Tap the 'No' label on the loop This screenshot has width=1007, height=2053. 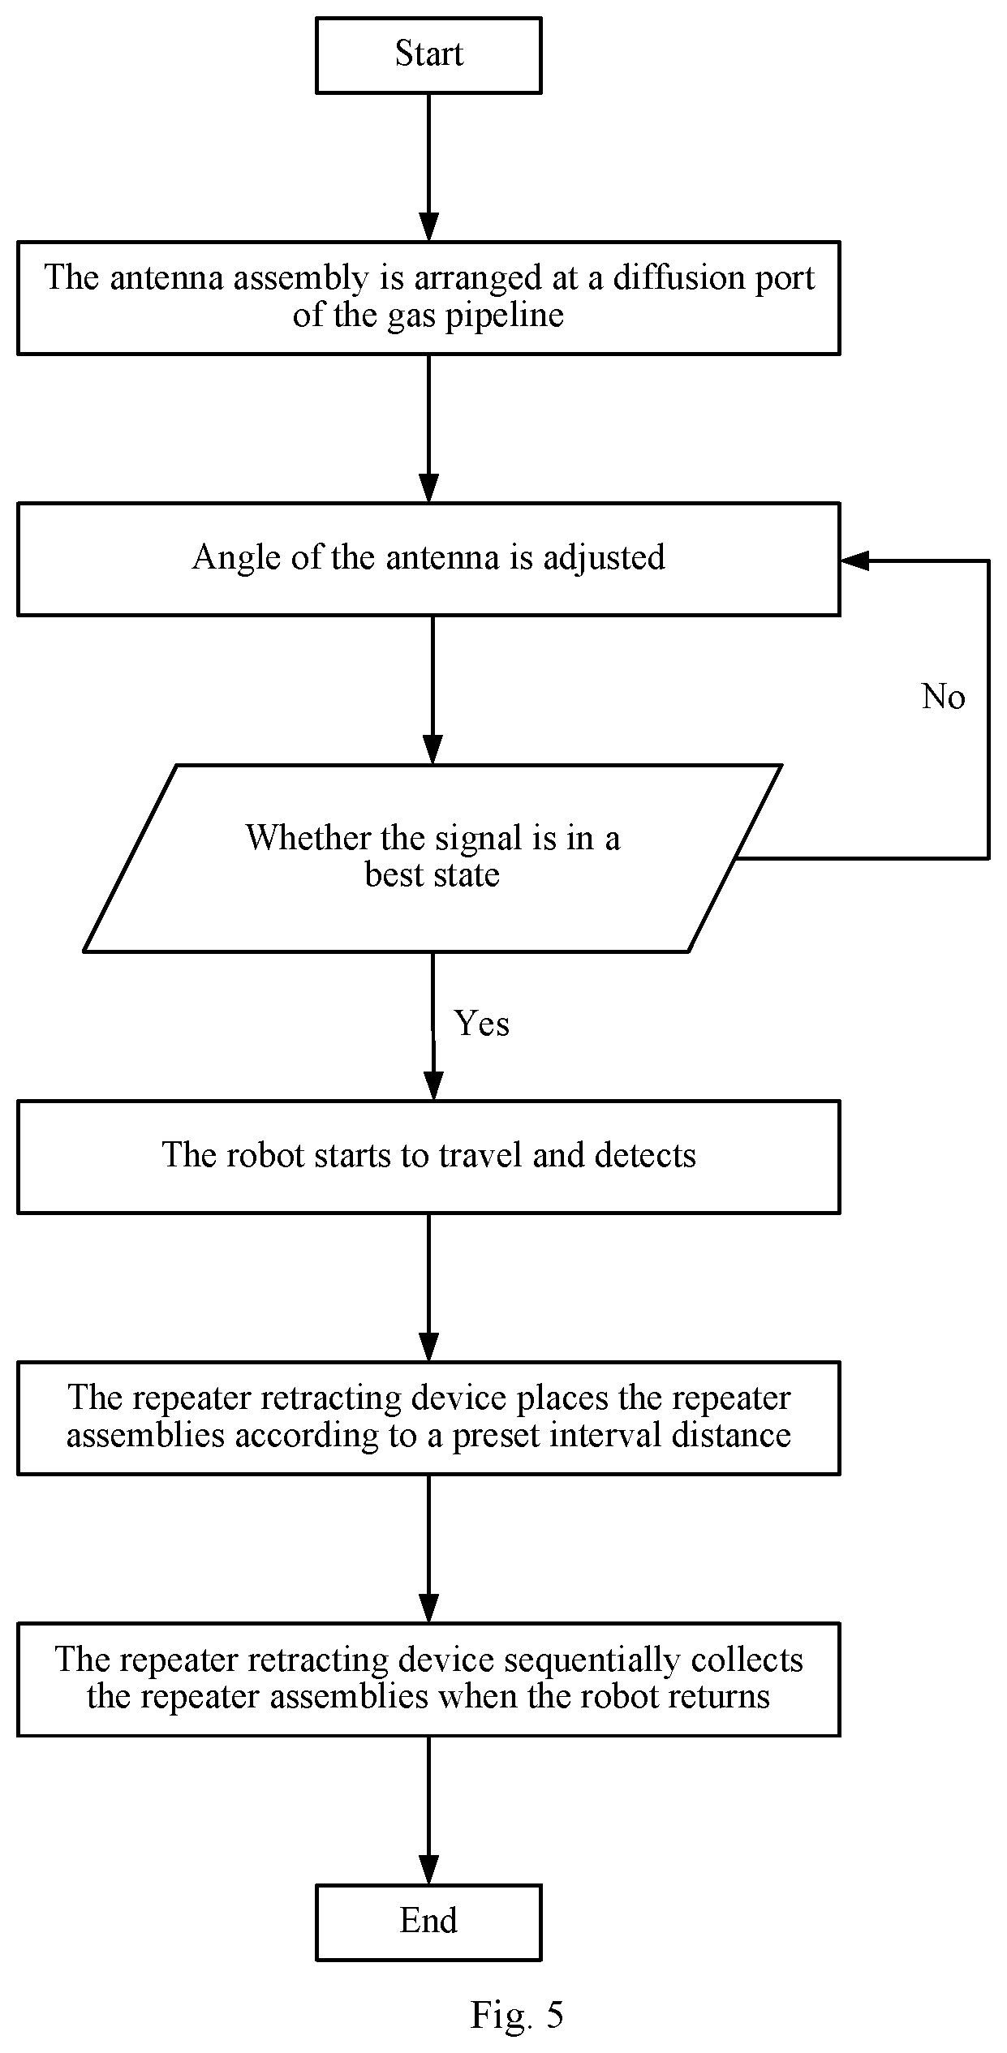(x=944, y=697)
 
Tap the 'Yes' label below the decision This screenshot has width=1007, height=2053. (x=482, y=1024)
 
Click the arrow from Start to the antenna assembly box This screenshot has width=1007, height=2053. (x=428, y=167)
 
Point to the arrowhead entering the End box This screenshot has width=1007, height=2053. (x=428, y=1870)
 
